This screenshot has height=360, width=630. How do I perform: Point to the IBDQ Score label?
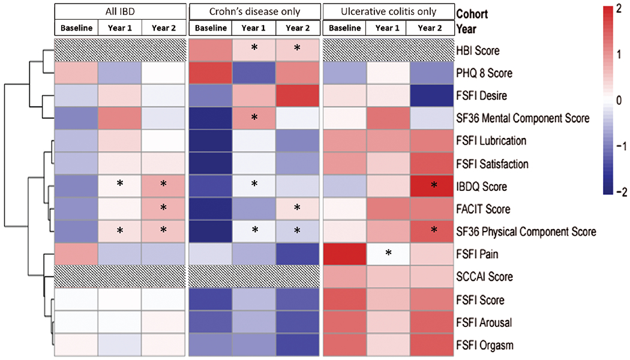click(x=482, y=186)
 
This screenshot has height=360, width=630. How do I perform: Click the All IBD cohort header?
click(x=119, y=12)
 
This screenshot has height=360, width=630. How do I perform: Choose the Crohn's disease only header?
click(x=254, y=12)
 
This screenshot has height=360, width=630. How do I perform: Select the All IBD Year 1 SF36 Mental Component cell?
click(x=119, y=118)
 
